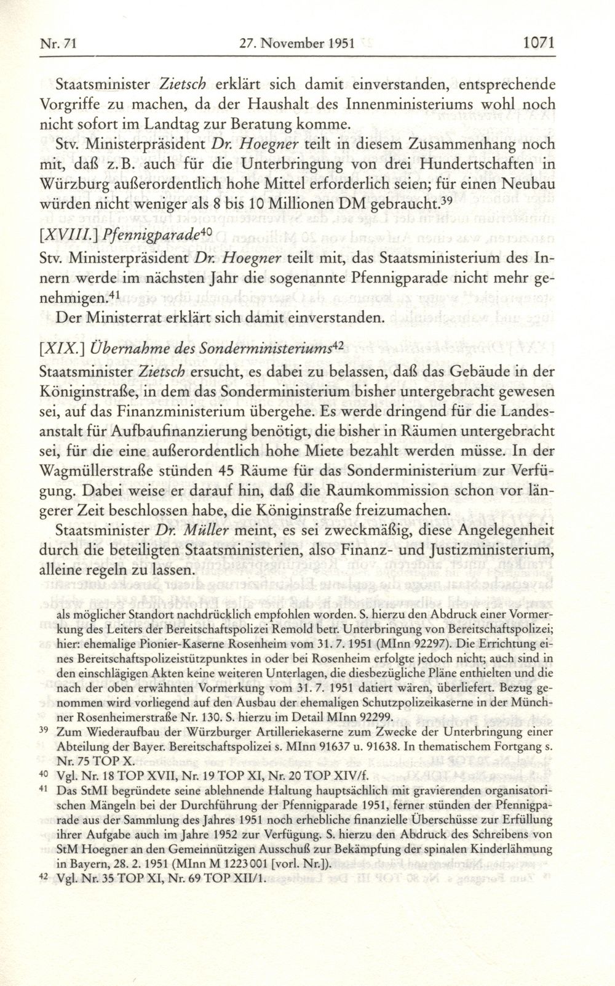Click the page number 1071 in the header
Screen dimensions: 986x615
(x=538, y=44)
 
